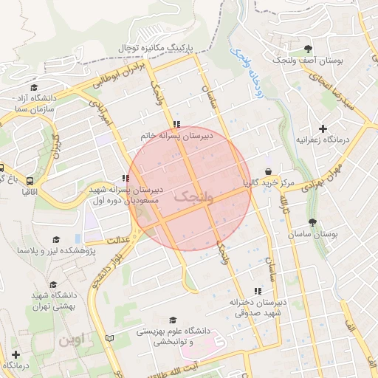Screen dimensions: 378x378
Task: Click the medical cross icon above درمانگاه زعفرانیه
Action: pyautogui.click(x=323, y=128)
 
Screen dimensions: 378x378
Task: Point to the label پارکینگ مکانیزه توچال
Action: pyautogui.click(x=157, y=47)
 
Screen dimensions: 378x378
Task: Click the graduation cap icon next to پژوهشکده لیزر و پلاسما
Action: pyautogui.click(x=56, y=240)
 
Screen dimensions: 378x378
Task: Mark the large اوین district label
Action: pyautogui.click(x=74, y=340)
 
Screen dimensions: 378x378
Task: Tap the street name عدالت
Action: pyautogui.click(x=119, y=240)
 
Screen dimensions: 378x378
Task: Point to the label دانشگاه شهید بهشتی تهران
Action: pyautogui.click(x=52, y=300)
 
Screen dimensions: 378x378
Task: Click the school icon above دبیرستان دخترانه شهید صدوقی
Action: pyautogui.click(x=257, y=292)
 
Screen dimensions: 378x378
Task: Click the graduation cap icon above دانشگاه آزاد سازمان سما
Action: pyautogui.click(x=32, y=87)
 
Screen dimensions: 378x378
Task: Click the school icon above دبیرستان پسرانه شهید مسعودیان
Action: pyautogui.click(x=124, y=178)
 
